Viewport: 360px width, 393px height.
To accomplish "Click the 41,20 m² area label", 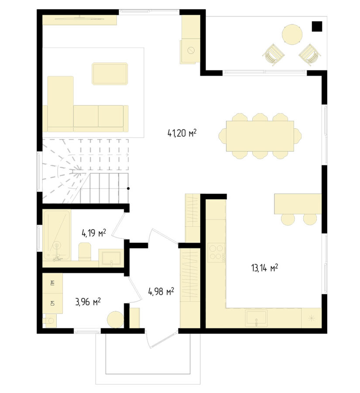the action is click(182, 133).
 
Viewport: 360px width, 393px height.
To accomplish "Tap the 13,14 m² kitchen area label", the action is click(264, 268).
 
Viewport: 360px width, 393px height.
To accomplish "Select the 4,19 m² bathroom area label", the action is click(94, 233).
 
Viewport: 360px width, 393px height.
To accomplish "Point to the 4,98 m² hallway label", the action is click(161, 292).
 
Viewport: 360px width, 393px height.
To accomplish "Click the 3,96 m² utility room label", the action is click(88, 302).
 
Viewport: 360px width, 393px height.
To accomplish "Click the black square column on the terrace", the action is click(317, 26).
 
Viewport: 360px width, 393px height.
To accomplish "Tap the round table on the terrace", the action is click(292, 34).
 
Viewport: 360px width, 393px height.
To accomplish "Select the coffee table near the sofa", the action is click(110, 74).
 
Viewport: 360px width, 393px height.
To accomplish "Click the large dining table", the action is click(260, 136).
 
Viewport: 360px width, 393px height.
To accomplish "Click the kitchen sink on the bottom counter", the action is click(256, 318).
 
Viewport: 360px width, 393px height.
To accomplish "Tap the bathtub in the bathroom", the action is click(57, 235).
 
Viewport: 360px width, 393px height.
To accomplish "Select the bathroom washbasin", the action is click(111, 258).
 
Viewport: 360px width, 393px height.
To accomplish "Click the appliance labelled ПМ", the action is click(53, 283).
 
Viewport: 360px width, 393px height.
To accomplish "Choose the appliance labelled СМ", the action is click(53, 303).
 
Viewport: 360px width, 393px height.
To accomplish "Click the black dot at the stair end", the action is click(128, 188).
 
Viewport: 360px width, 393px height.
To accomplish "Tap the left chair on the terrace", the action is click(274, 55).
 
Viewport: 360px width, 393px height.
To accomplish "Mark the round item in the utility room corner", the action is click(116, 319).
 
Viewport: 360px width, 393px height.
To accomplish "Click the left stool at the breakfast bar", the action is click(288, 219).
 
